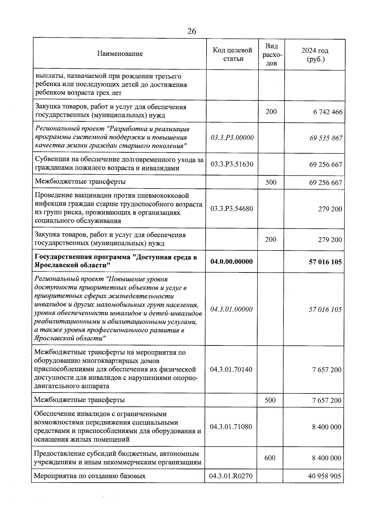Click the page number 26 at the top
click(x=192, y=31)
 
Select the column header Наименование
click(x=120, y=54)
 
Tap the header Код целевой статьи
click(x=233, y=54)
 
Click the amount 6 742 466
click(x=328, y=112)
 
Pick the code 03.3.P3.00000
click(x=232, y=137)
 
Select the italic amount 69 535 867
click(x=326, y=138)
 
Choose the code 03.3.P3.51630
click(x=232, y=164)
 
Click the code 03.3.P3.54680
click(x=232, y=209)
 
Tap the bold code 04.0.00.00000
click(x=231, y=261)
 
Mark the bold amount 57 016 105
click(x=325, y=262)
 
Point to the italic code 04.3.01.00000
click(x=231, y=309)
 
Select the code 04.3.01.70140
click(x=231, y=369)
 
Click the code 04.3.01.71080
click(x=231, y=427)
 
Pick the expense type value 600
click(x=270, y=458)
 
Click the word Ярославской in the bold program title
click(x=54, y=265)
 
